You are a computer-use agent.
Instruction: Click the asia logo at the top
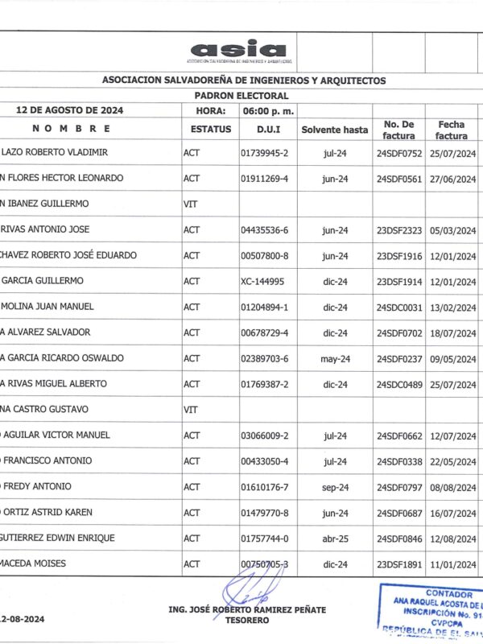pyautogui.click(x=238, y=50)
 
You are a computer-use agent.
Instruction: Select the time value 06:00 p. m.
pyautogui.click(x=267, y=110)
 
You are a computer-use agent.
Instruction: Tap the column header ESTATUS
pyautogui.click(x=211, y=129)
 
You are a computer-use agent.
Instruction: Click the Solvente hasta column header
pyautogui.click(x=334, y=129)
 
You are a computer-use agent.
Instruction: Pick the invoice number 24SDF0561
pyautogui.click(x=399, y=178)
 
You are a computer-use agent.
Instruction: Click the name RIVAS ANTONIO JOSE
pyautogui.click(x=46, y=229)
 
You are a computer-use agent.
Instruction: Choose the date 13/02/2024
pyautogui.click(x=455, y=307)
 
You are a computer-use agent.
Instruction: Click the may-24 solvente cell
pyautogui.click(x=334, y=358)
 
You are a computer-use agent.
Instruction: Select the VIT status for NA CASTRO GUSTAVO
pyautogui.click(x=191, y=409)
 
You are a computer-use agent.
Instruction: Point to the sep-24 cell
pyautogui.click(x=334, y=486)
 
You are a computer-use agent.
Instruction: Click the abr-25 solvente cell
pyautogui.click(x=334, y=538)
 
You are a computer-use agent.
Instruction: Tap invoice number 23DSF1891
pyautogui.click(x=399, y=563)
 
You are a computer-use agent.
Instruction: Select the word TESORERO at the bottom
pyautogui.click(x=247, y=621)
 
